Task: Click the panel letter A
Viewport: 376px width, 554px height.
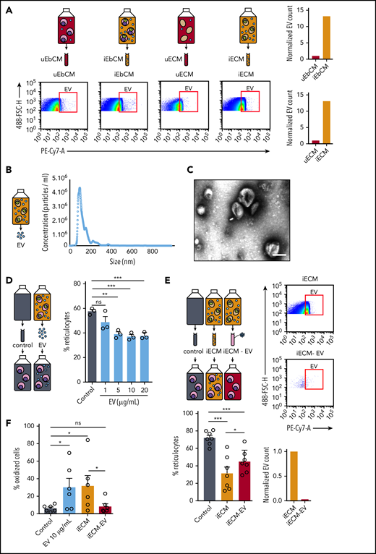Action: point(7,7)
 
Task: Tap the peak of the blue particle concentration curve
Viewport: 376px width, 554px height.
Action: point(79,209)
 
